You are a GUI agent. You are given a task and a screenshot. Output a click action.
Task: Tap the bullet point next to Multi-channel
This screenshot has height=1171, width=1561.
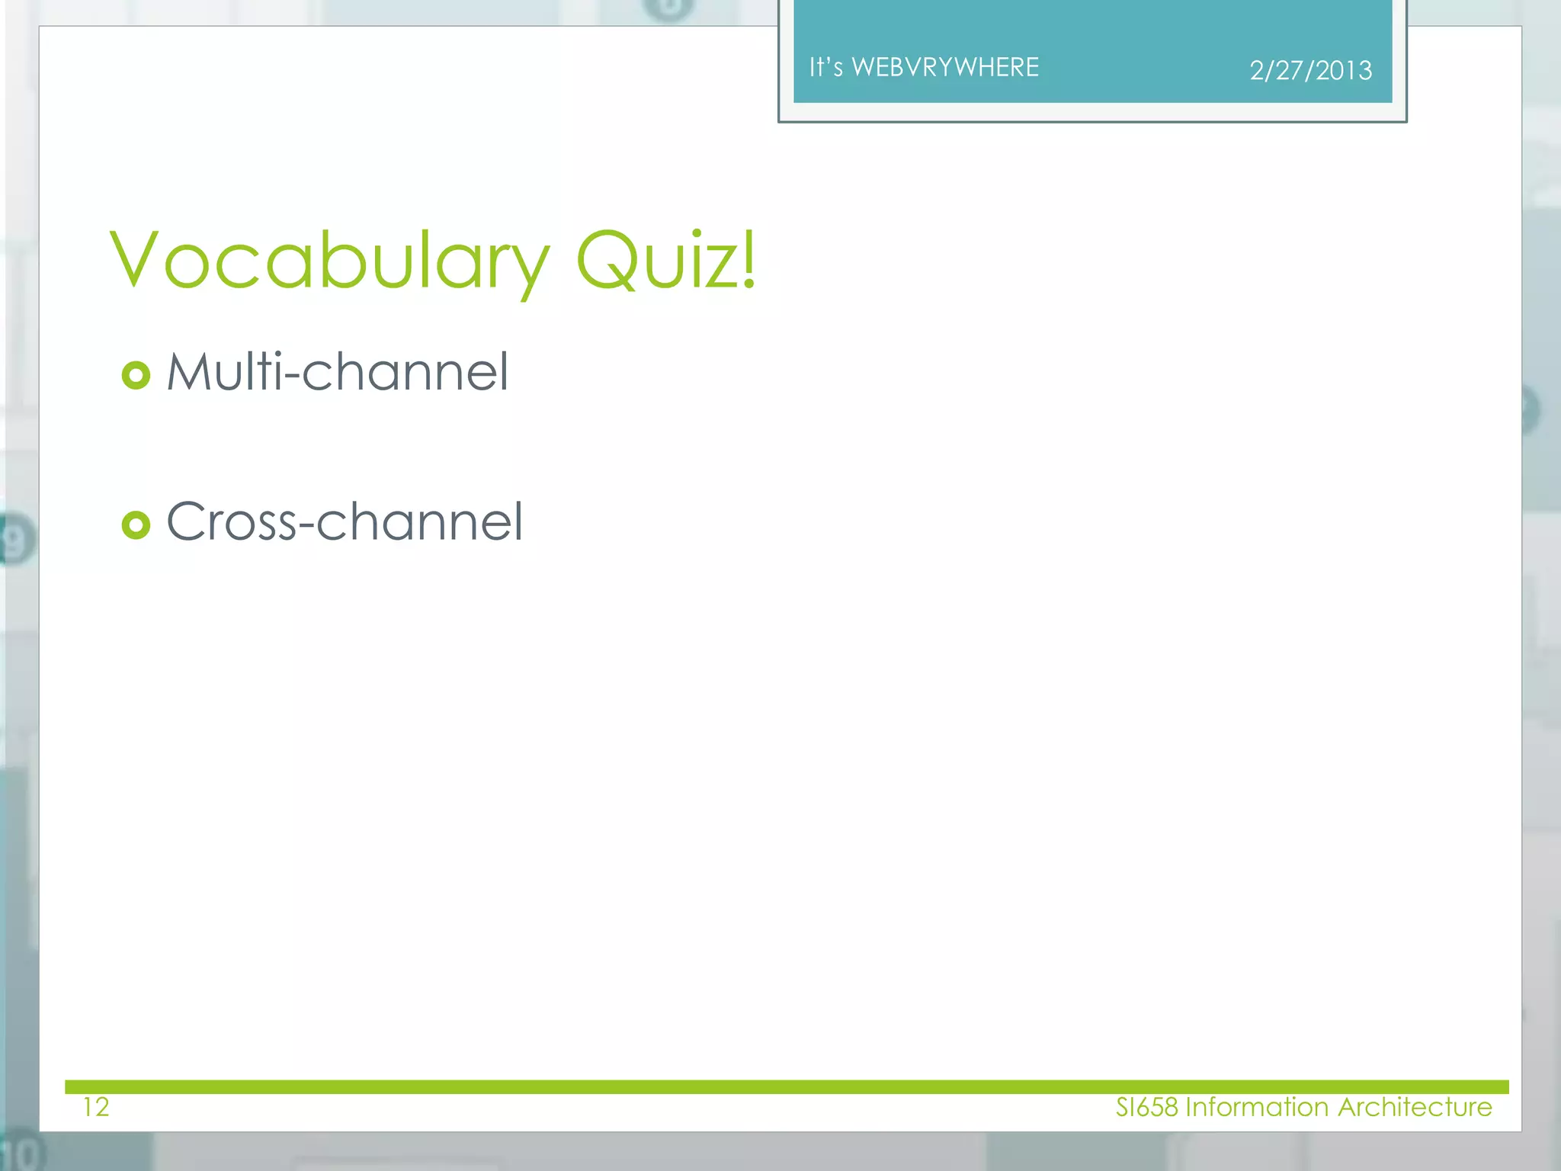coord(136,375)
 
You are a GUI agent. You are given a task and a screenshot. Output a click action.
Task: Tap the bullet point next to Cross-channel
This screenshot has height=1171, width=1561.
coord(136,525)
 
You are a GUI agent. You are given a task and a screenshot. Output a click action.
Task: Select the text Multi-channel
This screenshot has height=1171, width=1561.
coord(337,372)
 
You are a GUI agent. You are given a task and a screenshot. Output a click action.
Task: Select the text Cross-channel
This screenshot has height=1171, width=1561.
coord(345,522)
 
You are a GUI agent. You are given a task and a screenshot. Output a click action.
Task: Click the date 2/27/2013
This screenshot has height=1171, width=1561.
coord(1310,71)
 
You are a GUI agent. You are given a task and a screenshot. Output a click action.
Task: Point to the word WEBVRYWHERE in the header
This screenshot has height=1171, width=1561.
coord(945,67)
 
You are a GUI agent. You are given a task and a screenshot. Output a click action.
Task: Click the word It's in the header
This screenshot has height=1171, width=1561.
coord(825,67)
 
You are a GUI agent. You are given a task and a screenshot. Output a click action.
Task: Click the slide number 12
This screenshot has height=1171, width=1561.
coord(96,1107)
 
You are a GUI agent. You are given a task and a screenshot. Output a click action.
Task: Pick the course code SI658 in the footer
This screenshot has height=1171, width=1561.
coord(1146,1107)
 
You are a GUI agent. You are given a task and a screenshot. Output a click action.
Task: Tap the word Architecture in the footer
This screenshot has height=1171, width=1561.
coord(1415,1107)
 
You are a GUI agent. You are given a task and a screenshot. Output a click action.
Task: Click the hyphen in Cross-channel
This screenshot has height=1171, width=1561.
coord(306,525)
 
